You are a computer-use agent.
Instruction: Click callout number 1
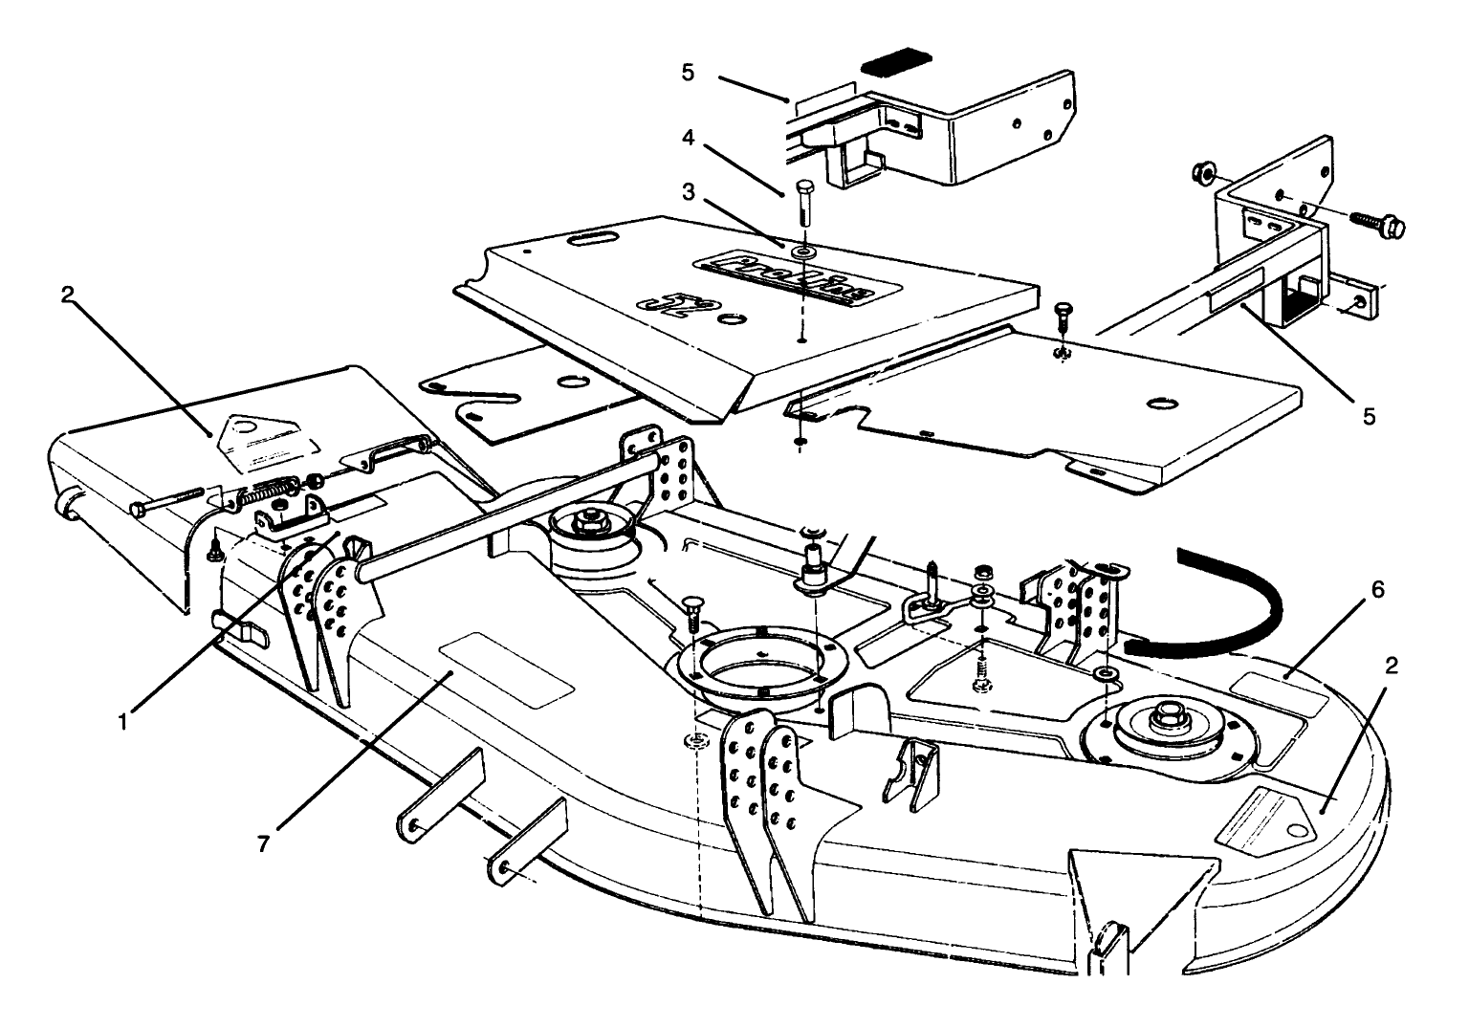[x=122, y=721]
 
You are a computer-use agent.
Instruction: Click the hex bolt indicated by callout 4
[x=802, y=201]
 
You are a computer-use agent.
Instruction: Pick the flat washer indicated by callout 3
[x=801, y=252]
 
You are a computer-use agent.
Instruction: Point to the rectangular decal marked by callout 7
[x=506, y=668]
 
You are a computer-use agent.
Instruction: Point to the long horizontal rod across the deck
[x=507, y=516]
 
